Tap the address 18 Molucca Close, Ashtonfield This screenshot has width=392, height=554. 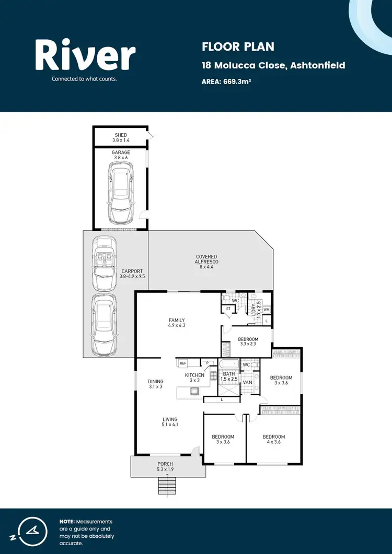coord(273,65)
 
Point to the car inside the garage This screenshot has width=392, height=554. coord(120,192)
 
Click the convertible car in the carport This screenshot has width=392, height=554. coord(105,264)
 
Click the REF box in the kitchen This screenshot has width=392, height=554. coord(183,363)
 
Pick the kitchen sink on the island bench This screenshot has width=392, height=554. coord(194,390)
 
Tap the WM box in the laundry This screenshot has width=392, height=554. coord(266,310)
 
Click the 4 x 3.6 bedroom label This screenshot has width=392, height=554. coord(273,440)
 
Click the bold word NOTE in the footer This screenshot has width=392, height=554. coord(67,522)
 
